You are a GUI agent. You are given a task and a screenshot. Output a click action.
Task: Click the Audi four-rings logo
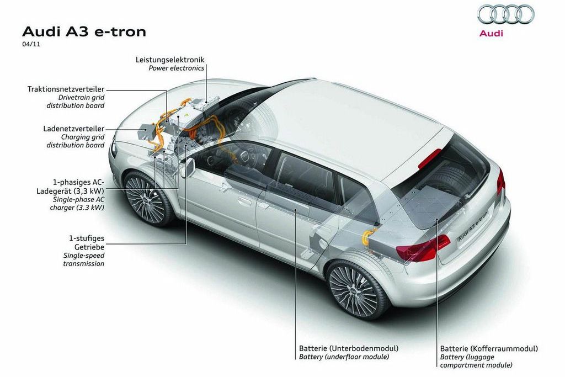(505, 14)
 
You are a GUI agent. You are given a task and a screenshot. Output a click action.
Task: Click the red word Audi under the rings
(491, 33)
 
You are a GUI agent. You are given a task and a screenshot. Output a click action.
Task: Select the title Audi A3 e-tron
(83, 31)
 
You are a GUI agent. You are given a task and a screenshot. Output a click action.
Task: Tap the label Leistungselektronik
(170, 59)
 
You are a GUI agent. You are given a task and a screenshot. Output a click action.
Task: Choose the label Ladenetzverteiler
(73, 129)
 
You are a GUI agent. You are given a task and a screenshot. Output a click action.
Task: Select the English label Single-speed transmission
(83, 259)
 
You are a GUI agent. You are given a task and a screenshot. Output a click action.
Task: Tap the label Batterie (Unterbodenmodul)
(349, 349)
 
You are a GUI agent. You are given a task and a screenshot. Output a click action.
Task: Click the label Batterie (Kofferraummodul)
(489, 349)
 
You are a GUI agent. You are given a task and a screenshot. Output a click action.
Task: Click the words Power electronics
(177, 68)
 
